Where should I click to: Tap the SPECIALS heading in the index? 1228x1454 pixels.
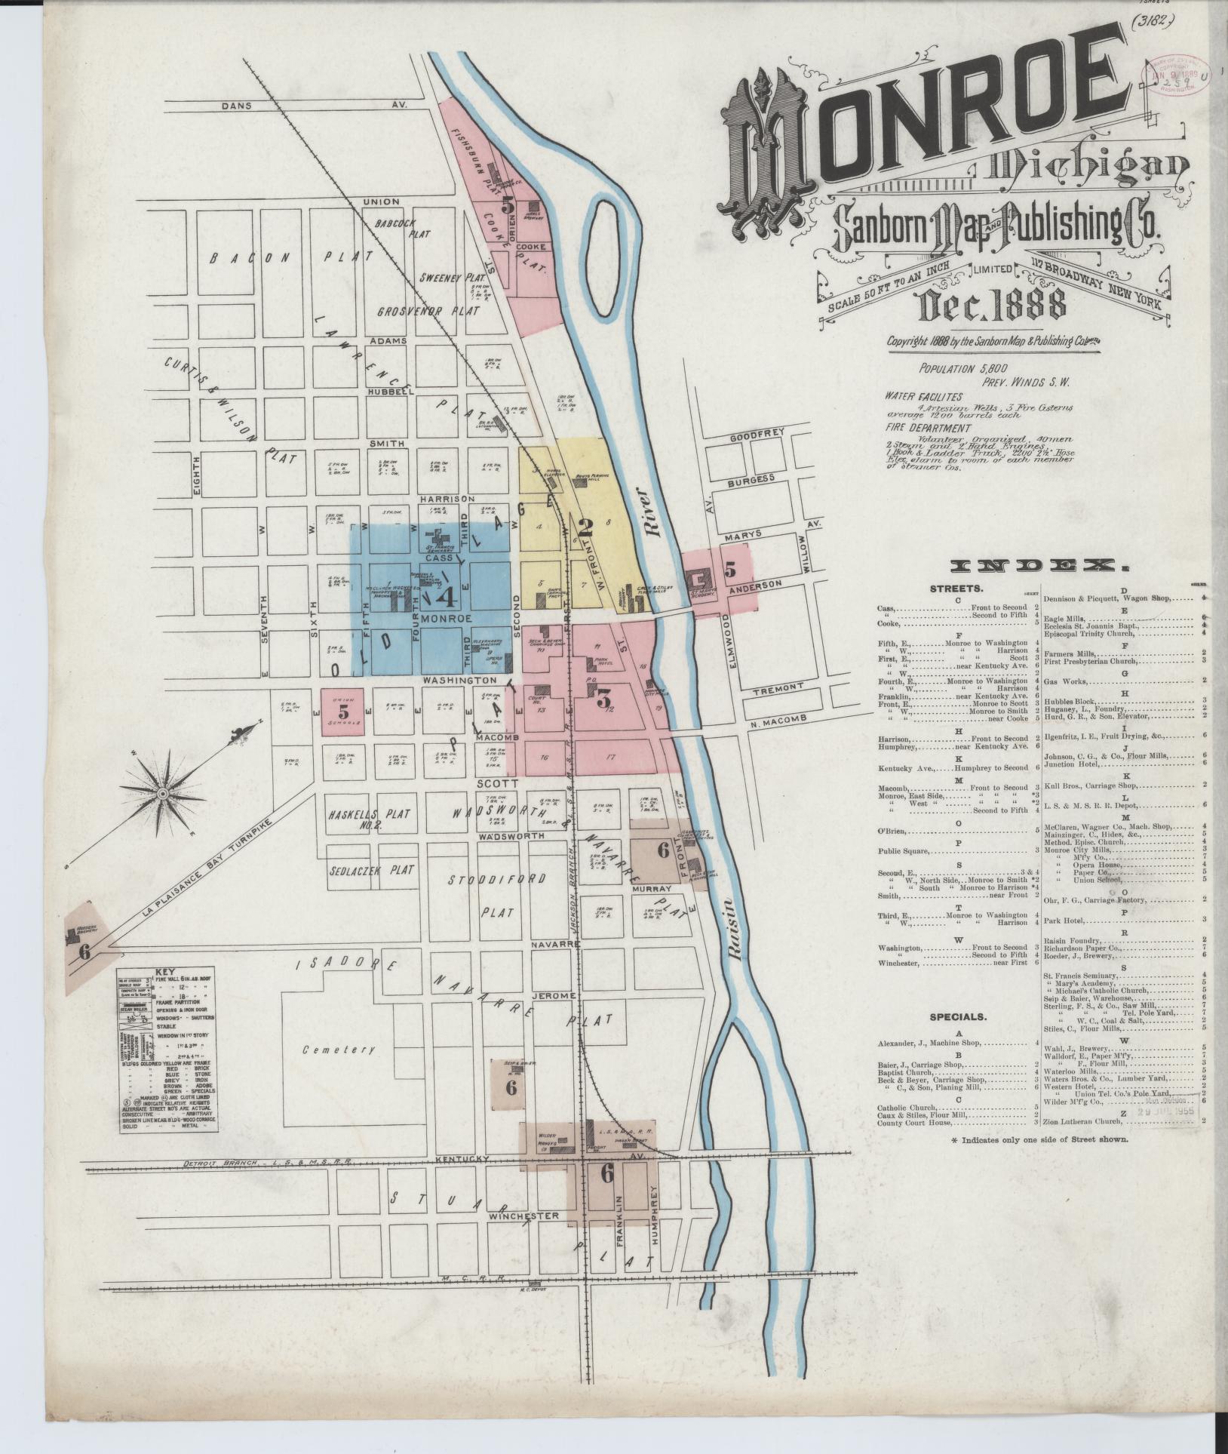[x=956, y=1016]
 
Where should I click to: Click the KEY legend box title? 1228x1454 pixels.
[x=164, y=972]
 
